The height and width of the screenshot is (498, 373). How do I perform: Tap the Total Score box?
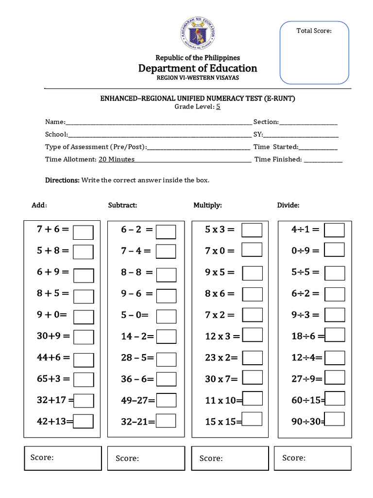[314, 53]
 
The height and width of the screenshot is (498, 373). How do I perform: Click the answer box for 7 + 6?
[83, 232]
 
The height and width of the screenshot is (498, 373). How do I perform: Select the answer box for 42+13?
[83, 421]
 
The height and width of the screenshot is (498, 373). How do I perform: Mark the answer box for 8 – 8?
[166, 274]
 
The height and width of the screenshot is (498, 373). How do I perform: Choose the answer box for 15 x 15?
[252, 419]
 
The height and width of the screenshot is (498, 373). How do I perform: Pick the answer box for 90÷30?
[335, 419]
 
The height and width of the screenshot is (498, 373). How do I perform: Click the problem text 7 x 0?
[220, 251]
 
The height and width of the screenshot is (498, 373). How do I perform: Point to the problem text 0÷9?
[305, 251]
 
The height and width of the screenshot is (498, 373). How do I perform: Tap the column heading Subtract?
[122, 205]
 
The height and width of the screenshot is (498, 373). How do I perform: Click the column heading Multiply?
[207, 205]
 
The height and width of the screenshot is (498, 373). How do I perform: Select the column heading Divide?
[288, 205]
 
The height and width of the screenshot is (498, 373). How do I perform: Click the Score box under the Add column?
[63, 458]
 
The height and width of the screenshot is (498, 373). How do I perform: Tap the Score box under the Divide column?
[312, 458]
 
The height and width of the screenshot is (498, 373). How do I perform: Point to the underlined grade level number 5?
[218, 107]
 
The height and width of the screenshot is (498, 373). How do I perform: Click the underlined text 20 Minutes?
[117, 159]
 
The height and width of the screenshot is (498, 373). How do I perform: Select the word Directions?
[62, 180]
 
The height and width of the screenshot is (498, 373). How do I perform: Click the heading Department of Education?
[198, 68]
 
